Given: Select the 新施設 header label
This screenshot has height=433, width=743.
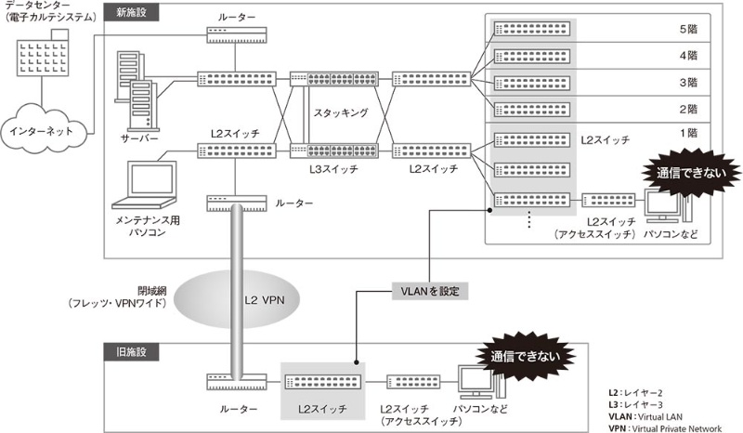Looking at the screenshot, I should coord(131,13).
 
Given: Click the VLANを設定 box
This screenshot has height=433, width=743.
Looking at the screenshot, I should coord(425,290).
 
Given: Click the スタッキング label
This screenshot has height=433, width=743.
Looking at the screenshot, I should coord(341,112).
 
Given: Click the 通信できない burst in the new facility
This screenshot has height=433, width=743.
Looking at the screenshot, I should coord(686,173).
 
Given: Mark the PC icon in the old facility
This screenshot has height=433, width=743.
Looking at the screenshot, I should coord(476,383).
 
